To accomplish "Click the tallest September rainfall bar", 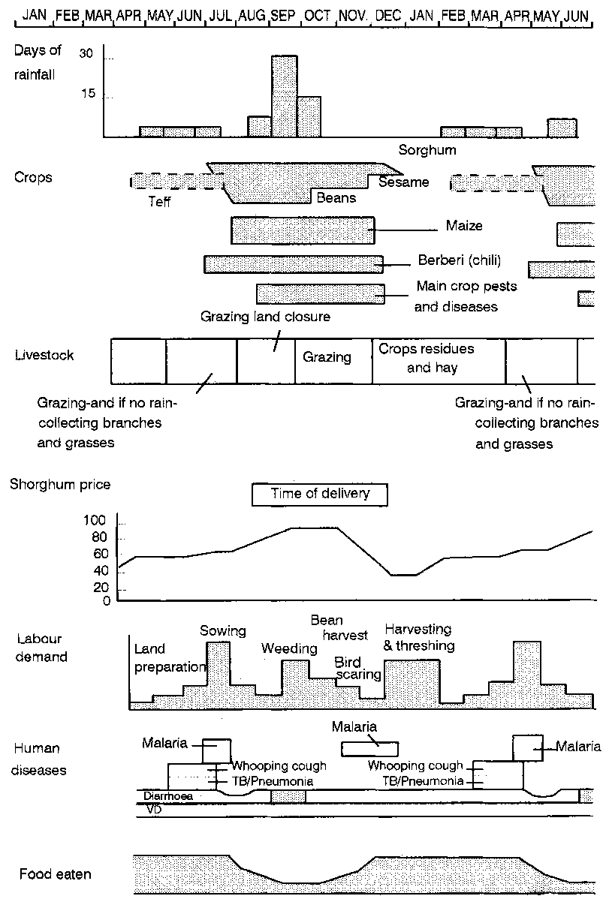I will point(285,96).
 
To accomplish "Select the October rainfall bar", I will point(309,117).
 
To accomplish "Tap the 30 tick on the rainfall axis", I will point(86,53).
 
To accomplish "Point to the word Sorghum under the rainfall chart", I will point(427,149).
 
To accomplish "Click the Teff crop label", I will point(161,201).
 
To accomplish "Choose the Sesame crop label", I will point(403,182).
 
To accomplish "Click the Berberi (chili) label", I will point(459,261).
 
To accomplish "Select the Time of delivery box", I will point(321,494).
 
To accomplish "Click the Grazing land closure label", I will point(265,317).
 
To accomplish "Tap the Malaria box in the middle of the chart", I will point(370,748).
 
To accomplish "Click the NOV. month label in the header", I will point(353,15).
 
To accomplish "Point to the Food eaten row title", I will point(56,874).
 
